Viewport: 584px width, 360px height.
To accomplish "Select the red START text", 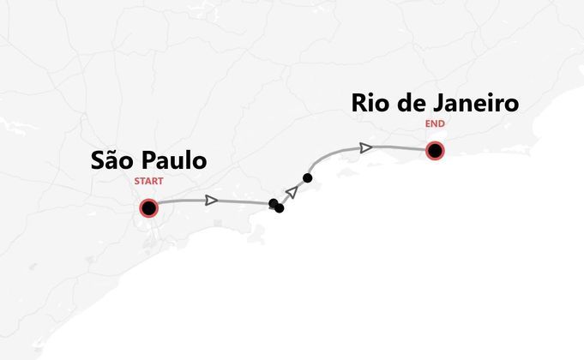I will (x=148, y=182).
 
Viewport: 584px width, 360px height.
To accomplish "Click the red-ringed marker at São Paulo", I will (x=148, y=207).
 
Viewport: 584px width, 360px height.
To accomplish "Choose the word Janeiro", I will (x=481, y=104).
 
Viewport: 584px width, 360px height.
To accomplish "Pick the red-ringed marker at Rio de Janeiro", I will (x=436, y=152).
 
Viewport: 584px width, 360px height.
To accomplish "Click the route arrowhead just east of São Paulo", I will (x=212, y=201).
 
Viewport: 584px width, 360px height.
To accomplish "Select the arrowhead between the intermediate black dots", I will (x=292, y=192).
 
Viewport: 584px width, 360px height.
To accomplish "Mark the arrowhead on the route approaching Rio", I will (x=366, y=147).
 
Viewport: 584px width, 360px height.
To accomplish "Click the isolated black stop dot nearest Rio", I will (x=307, y=177).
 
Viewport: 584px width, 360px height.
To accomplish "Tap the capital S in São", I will (x=98, y=161).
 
